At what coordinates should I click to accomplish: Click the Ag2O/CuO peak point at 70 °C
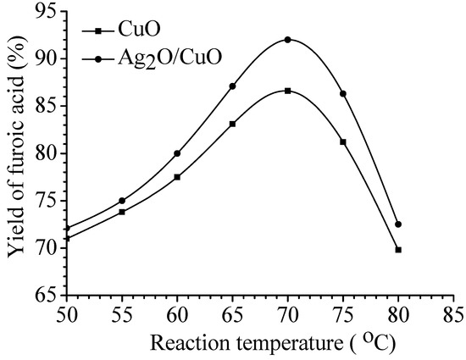click(287, 40)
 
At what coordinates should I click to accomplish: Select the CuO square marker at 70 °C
click(287, 91)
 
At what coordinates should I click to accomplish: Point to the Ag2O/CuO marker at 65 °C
click(232, 86)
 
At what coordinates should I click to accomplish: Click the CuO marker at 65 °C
click(232, 124)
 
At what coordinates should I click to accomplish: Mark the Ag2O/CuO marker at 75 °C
click(342, 93)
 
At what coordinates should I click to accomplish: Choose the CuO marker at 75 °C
click(342, 141)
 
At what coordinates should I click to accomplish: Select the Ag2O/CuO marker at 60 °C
click(177, 153)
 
